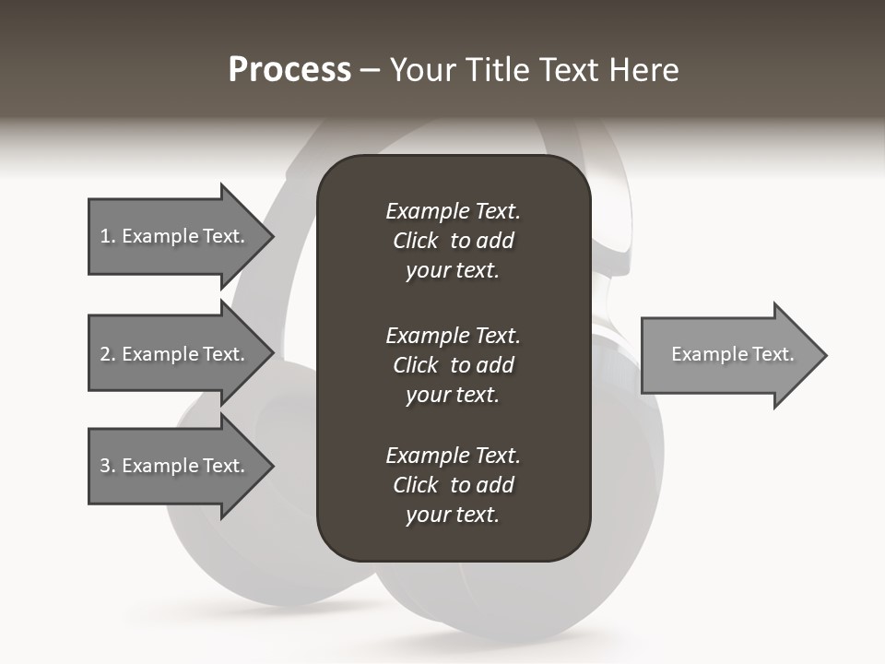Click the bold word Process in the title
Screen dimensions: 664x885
click(289, 70)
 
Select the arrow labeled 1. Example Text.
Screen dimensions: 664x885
click(175, 236)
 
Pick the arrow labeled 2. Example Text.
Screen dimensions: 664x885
click(175, 354)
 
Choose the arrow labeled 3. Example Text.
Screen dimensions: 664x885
click(175, 466)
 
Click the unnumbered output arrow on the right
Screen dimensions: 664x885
click(728, 355)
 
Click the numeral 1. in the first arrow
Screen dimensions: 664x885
click(107, 236)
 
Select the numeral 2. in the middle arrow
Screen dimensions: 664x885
click(107, 354)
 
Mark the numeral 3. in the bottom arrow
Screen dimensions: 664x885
click(107, 466)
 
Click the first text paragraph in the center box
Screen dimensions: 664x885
click(453, 241)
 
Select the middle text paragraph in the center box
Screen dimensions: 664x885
click(453, 365)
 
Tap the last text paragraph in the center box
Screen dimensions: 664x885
click(453, 485)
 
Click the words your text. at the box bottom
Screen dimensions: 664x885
click(453, 516)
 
